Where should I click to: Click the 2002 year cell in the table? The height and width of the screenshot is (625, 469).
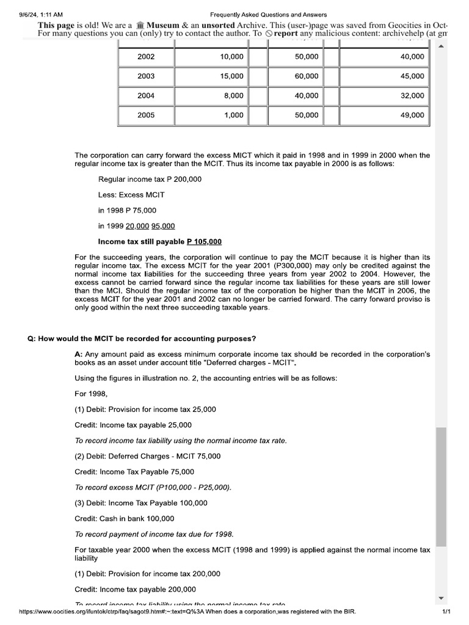point(146,57)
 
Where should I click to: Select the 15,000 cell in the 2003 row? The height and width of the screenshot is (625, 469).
point(231,76)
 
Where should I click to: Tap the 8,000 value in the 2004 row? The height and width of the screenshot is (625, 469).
point(233,96)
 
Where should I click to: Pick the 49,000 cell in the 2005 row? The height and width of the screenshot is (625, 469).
point(412,115)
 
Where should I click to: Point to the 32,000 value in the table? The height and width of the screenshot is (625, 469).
point(412,96)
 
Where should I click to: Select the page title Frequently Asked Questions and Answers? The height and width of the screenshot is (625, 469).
point(268,15)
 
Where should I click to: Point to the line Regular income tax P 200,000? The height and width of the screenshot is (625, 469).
point(150,179)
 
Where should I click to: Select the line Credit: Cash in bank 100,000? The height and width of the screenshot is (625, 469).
point(124,519)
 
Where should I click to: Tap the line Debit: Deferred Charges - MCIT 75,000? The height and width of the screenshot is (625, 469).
point(147,456)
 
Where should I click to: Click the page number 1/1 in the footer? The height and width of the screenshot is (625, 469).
point(446,612)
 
